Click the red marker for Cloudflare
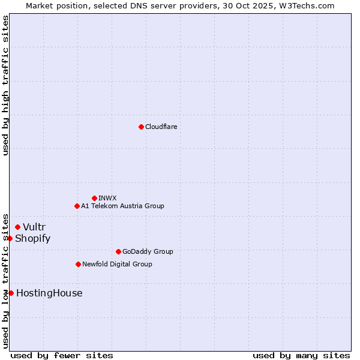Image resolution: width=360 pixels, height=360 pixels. [x=141, y=127]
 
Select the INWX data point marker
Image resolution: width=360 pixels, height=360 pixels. [x=94, y=198]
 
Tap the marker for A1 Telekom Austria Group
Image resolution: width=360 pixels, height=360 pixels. [x=77, y=206]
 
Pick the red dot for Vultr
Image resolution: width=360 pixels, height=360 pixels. [x=17, y=227]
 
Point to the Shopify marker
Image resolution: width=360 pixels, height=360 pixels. [x=10, y=238]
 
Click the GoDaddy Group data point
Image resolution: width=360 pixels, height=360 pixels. [x=118, y=251]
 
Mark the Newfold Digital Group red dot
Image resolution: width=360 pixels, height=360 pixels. [x=78, y=264]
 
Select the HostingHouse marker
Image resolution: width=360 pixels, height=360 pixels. [x=11, y=293]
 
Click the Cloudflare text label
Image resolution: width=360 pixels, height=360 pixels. [x=161, y=127]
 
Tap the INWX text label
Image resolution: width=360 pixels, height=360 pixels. [x=107, y=198]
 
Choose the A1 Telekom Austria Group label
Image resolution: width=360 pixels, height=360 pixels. [x=122, y=206]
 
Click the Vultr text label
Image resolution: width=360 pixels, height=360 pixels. [x=34, y=227]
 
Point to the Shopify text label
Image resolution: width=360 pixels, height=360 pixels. [x=32, y=238]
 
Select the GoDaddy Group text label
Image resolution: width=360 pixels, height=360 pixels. [x=148, y=251]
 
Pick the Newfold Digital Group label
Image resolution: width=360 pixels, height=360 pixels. [x=117, y=264]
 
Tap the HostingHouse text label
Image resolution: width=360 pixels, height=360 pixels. [x=49, y=293]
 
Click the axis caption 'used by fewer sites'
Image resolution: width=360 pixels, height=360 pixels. [x=62, y=355]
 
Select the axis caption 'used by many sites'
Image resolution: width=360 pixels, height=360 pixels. [x=301, y=355]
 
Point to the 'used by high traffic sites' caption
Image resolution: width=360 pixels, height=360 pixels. [x=5, y=85]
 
